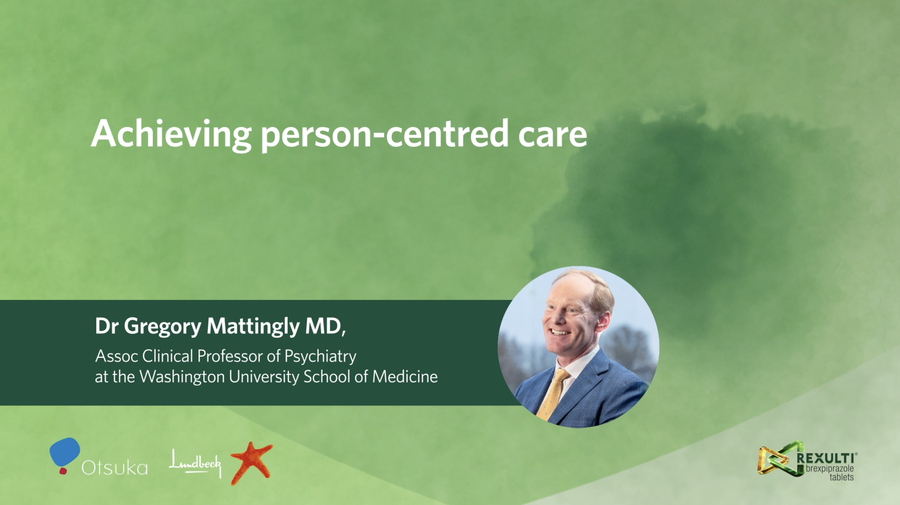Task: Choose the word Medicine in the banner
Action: click(x=405, y=377)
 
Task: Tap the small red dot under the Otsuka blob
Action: click(x=63, y=471)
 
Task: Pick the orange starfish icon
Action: click(x=251, y=463)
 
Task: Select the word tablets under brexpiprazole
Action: click(x=842, y=477)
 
